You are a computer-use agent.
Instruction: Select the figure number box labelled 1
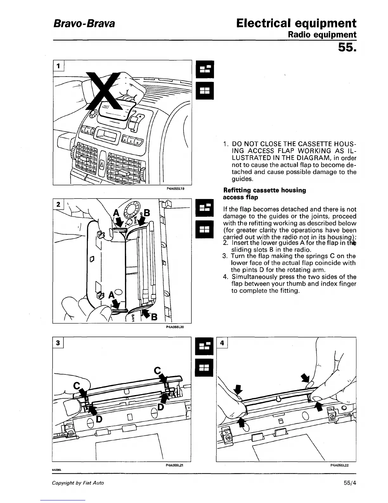tap(58, 66)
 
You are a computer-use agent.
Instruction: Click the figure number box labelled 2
tap(58, 205)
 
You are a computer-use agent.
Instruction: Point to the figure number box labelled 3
tap(58, 343)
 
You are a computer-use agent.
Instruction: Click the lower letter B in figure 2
tap(154, 317)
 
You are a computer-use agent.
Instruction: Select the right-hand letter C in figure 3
tap(158, 370)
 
